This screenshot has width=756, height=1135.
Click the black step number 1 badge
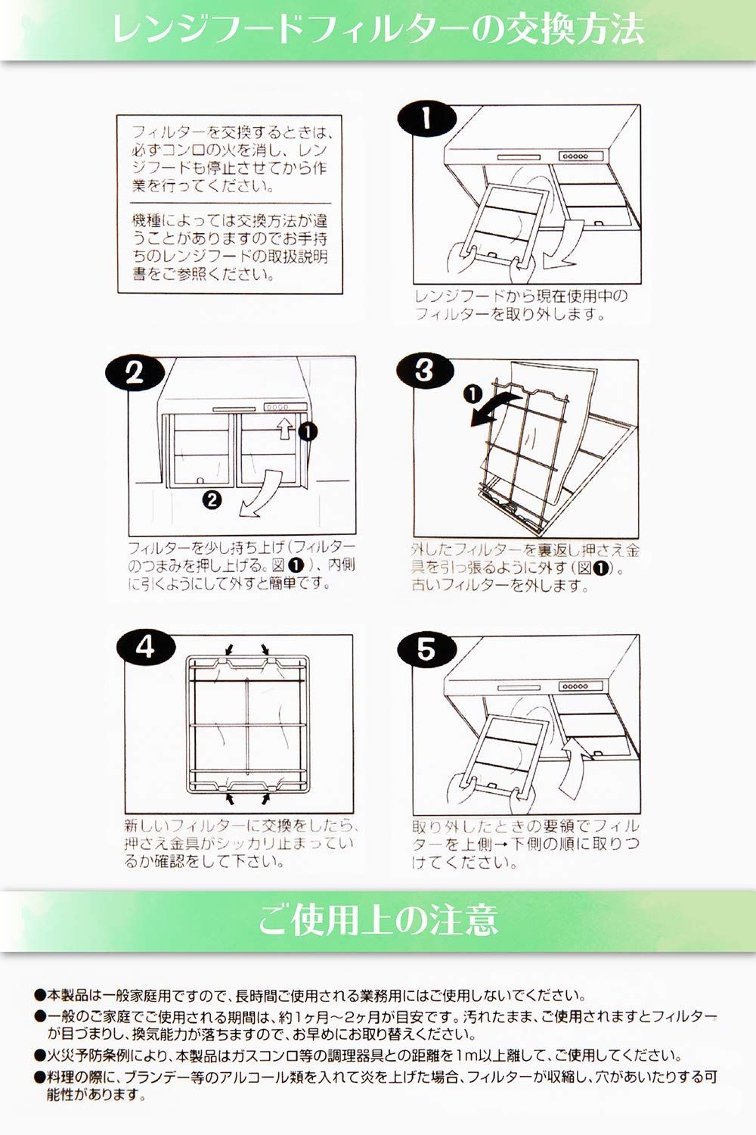coord(427,119)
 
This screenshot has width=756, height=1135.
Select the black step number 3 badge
coord(425,370)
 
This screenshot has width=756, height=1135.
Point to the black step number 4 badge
coord(146,647)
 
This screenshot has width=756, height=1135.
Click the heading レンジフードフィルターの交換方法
coord(378,30)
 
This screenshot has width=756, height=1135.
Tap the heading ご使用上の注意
coord(378,921)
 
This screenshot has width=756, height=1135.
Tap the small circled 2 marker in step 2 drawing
coord(212,500)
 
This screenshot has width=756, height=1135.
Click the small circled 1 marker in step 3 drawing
coord(473,393)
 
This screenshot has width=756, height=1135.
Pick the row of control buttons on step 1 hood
coord(575,156)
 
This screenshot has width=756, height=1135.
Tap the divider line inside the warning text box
coord(231,204)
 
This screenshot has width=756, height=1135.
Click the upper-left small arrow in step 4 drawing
coord(229,649)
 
